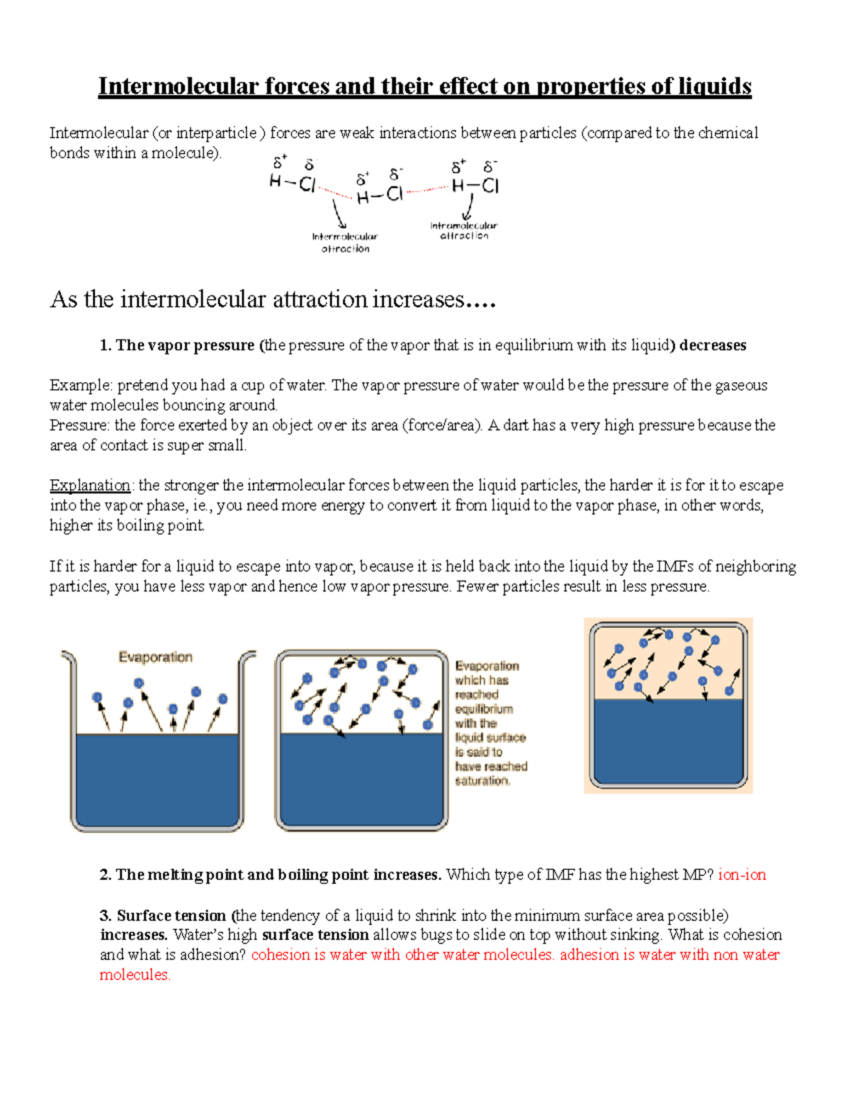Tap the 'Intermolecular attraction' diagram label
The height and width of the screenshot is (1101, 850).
tap(345, 242)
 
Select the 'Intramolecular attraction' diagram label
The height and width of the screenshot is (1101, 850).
tap(464, 230)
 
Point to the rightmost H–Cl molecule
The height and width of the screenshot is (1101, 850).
tap(475, 186)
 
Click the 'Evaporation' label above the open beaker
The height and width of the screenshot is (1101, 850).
tap(155, 657)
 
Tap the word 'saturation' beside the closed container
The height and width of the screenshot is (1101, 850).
tap(482, 781)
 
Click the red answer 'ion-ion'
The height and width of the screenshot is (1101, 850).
tap(742, 875)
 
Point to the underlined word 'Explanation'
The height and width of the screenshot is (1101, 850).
tap(90, 486)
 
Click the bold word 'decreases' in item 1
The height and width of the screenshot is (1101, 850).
tap(713, 345)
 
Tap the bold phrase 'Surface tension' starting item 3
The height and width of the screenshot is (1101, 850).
tap(171, 915)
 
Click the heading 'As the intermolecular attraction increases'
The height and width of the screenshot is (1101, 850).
tap(273, 300)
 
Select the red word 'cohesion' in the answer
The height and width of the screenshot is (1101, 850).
tap(280, 955)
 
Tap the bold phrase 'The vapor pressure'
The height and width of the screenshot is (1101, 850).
tap(185, 345)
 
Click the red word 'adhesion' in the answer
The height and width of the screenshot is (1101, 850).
tap(589, 955)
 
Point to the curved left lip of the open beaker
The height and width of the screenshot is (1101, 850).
tap(69, 657)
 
